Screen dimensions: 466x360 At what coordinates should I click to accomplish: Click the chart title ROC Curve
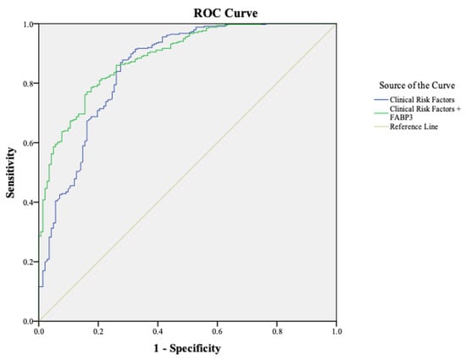(225, 13)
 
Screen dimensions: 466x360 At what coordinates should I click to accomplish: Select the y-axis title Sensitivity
(10, 173)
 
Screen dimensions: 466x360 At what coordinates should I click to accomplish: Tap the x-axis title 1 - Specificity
(187, 348)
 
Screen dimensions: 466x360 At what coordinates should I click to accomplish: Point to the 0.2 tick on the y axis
(29, 262)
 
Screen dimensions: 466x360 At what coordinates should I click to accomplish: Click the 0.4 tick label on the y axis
(29, 202)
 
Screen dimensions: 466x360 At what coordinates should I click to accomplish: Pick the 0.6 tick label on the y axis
(29, 142)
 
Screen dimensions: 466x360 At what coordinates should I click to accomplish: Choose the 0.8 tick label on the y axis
(29, 83)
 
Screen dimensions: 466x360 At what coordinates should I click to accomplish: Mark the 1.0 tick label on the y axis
(29, 24)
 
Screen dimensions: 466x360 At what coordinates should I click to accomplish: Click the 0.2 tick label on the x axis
(98, 331)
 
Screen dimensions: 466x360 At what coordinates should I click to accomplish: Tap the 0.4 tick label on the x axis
(158, 331)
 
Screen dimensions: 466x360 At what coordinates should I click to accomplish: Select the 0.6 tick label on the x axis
(217, 331)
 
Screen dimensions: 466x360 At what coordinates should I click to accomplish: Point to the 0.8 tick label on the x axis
(277, 331)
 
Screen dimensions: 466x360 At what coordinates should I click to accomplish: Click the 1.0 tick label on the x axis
(336, 331)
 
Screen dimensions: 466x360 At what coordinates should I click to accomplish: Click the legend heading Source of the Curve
(417, 86)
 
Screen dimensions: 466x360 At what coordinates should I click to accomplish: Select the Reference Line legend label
(414, 127)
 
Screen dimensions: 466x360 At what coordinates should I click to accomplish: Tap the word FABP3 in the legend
(402, 118)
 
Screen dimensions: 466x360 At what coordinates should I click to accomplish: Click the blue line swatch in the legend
(381, 100)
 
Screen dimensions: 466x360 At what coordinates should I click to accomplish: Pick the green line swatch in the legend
(381, 114)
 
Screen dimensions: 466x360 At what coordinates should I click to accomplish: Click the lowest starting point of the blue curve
(39, 286)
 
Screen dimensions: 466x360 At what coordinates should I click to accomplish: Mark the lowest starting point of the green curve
(39, 236)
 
